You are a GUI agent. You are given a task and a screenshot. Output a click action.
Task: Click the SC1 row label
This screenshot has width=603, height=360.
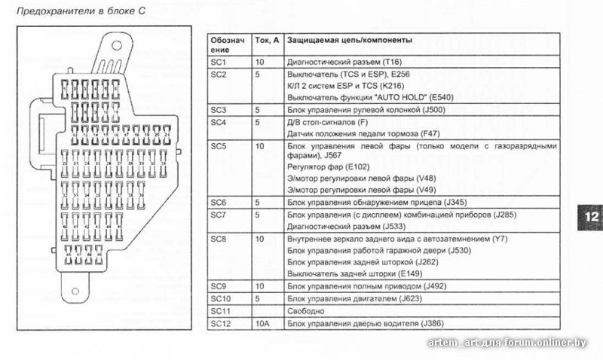219,61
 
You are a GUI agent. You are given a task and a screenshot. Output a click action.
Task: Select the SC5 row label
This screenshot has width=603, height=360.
219,145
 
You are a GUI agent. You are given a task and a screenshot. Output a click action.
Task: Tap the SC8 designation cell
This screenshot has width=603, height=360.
219,239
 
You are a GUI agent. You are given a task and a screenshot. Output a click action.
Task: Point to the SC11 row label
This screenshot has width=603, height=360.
220,311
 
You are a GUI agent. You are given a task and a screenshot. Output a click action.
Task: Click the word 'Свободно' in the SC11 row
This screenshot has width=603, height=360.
305,311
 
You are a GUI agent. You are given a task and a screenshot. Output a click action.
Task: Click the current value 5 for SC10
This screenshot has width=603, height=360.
258,299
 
